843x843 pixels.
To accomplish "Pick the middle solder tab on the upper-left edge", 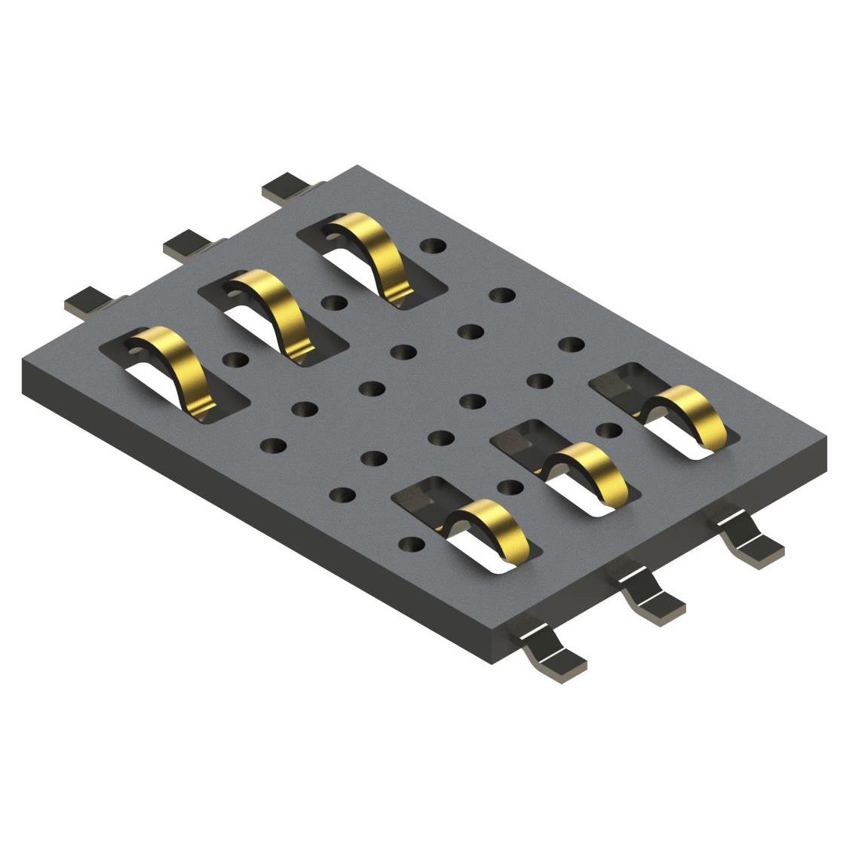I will [185, 243].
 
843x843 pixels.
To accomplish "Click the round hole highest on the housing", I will [432, 247].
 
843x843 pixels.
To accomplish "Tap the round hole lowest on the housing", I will [411, 543].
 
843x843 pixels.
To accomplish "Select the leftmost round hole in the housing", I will [235, 360].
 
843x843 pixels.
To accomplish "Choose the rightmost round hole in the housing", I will [572, 345].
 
